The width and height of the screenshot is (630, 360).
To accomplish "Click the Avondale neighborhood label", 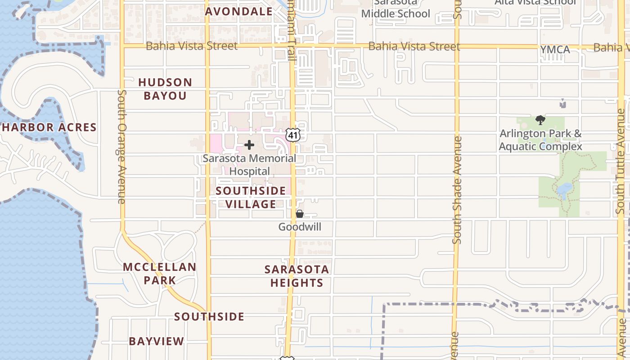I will pyautogui.click(x=239, y=12).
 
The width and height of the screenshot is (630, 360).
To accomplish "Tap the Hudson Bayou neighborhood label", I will pyautogui.click(x=165, y=89).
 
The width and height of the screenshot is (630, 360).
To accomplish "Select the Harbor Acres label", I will pyautogui.click(x=49, y=127).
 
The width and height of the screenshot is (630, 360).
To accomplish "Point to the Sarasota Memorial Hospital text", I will pyautogui.click(x=249, y=165).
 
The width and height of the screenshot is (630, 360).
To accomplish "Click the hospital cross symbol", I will pyautogui.click(x=249, y=145).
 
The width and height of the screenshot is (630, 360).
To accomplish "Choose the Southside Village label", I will pyautogui.click(x=251, y=198).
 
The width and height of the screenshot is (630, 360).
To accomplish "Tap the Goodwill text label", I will pyautogui.click(x=300, y=227).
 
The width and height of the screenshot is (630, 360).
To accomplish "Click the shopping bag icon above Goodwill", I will pyautogui.click(x=300, y=214).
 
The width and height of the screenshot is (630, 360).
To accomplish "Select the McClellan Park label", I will pyautogui.click(x=160, y=274).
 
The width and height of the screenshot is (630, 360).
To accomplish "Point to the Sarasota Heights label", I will pyautogui.click(x=297, y=276).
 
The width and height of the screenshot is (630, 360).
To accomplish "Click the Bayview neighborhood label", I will pyautogui.click(x=157, y=341).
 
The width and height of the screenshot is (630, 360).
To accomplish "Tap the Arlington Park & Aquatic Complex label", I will pyautogui.click(x=540, y=140).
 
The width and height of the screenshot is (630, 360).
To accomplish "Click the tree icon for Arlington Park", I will pyautogui.click(x=540, y=120).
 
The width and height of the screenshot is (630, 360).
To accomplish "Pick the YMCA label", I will pyautogui.click(x=555, y=49).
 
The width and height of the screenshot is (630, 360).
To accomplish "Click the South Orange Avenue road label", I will pyautogui.click(x=121, y=146).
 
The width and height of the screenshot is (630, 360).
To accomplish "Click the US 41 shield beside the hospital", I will pyautogui.click(x=293, y=135).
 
